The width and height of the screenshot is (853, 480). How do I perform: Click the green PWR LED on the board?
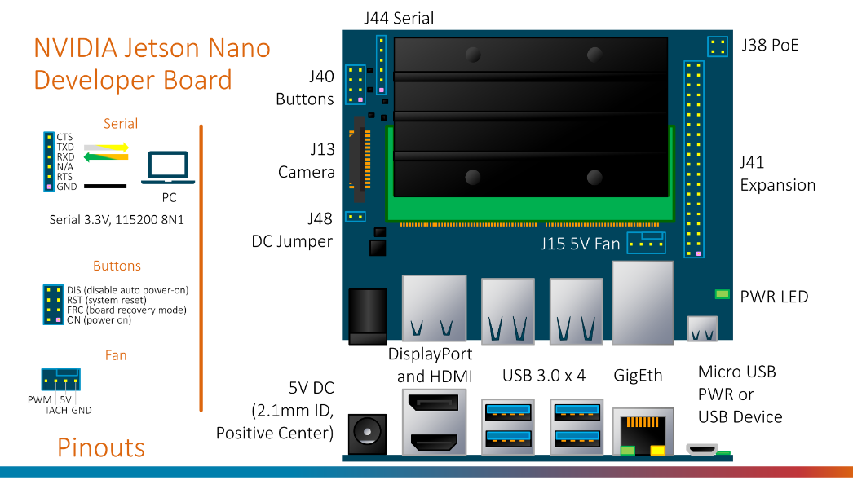[x=722, y=294]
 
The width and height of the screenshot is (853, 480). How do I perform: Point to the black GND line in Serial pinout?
[x=104, y=187]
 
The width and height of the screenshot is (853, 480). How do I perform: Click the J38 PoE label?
[x=770, y=45]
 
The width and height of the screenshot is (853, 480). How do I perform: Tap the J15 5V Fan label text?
[x=580, y=244]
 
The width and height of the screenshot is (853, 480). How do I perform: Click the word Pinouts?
[x=101, y=447]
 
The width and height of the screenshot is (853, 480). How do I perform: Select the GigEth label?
[x=638, y=375]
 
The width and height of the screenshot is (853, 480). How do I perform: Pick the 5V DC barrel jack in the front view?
[x=366, y=433]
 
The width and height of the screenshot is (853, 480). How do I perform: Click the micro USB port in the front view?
[x=701, y=448]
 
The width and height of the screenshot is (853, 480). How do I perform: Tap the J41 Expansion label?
[x=777, y=174]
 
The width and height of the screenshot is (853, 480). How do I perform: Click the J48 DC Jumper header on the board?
[x=355, y=217]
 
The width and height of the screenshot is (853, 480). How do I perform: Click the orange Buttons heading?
[x=117, y=266]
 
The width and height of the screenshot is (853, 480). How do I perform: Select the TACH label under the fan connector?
[x=55, y=411]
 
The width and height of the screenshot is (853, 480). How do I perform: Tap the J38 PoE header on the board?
[x=718, y=46]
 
